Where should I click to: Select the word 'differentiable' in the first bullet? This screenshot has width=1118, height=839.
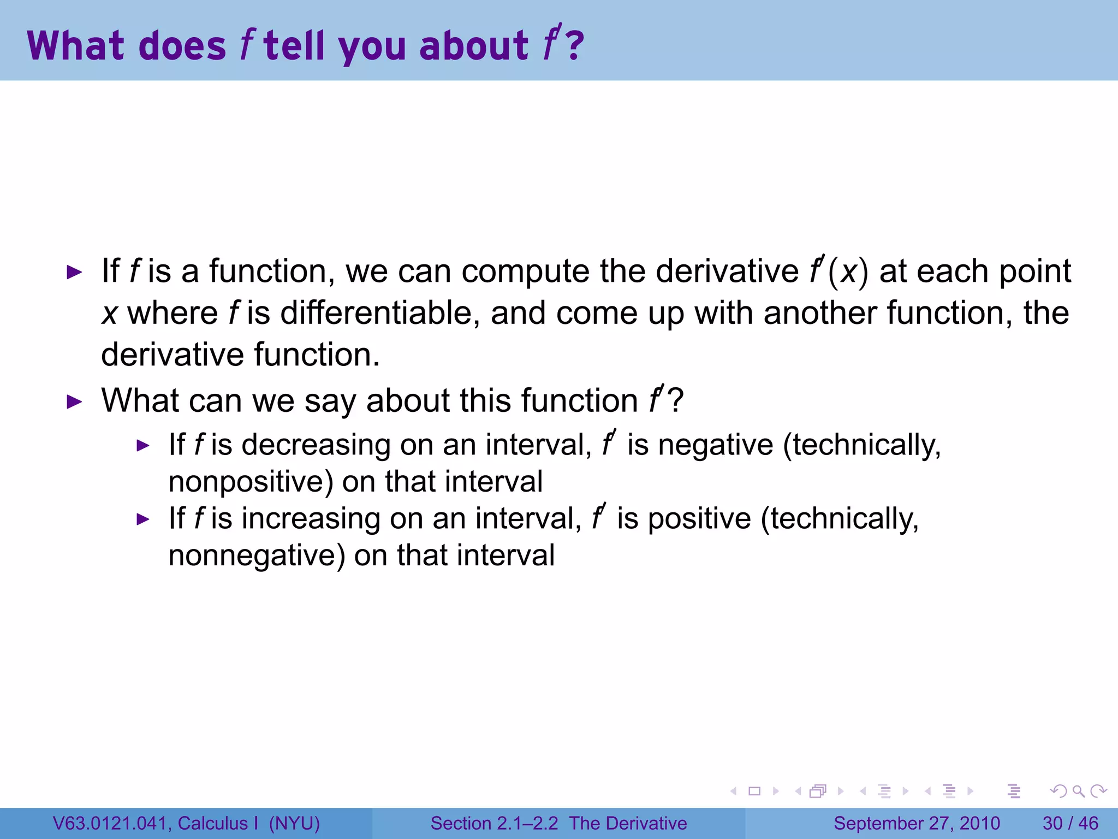coord(376,313)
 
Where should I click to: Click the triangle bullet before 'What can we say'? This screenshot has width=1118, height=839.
coord(74,402)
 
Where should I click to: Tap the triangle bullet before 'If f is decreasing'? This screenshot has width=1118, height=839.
coord(142,446)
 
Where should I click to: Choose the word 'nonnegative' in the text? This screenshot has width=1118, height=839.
coord(257,556)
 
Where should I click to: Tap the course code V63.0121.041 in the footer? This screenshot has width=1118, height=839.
coord(110,823)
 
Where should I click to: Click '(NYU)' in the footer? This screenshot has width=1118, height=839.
coord(294,823)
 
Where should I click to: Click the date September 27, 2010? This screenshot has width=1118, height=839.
coord(917,823)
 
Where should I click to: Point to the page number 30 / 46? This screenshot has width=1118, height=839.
coord(1070,823)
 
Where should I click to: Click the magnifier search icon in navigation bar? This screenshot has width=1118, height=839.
coord(1078,791)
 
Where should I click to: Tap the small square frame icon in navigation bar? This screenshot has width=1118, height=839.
coord(754,791)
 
